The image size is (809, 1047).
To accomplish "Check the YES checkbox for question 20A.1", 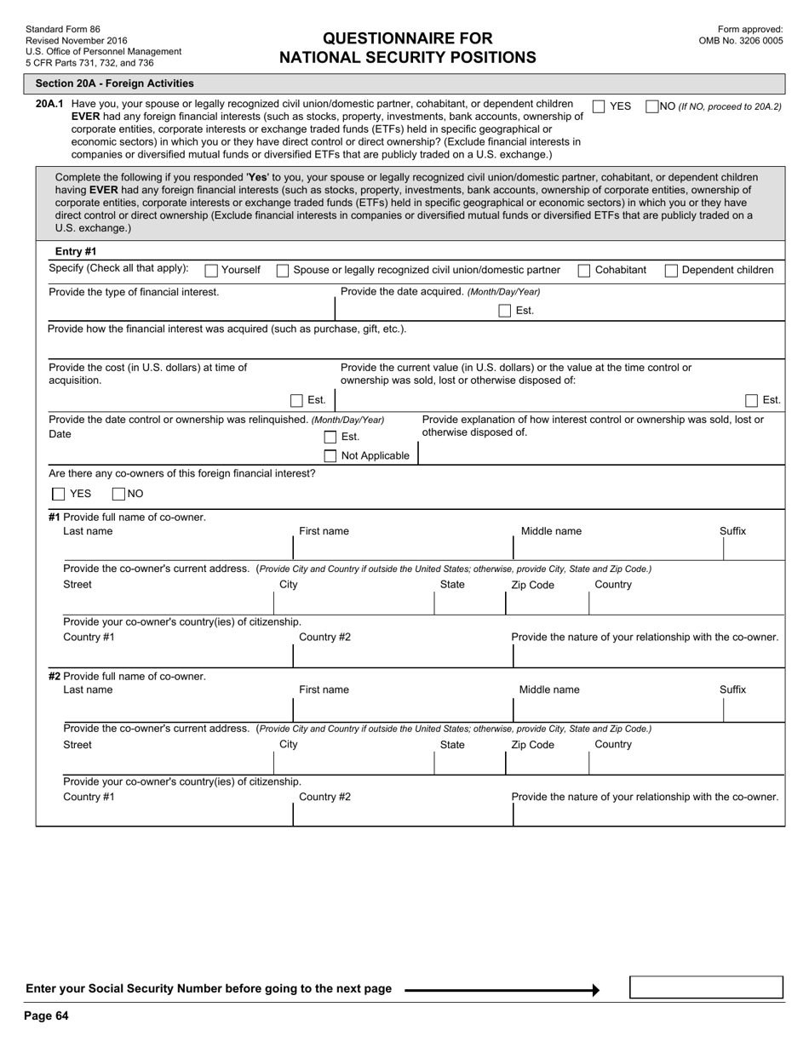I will (x=599, y=106).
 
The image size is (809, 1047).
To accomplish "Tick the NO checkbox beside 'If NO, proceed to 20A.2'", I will (x=652, y=106).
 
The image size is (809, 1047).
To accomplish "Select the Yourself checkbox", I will (x=211, y=271).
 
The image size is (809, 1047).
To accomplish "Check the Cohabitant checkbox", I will (x=584, y=271).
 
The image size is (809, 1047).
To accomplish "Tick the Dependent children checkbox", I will (x=671, y=271).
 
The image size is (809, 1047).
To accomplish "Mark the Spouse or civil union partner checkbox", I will (x=283, y=271).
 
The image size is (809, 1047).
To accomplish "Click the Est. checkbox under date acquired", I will (x=505, y=311).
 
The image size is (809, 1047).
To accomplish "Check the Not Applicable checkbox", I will (x=330, y=456).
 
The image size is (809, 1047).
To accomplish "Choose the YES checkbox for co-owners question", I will (x=59, y=494).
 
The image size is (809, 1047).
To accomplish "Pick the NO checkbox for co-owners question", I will (x=119, y=494).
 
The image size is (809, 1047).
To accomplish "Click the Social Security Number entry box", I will (x=706, y=987).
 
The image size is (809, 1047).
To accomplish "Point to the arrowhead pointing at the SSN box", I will (x=595, y=990).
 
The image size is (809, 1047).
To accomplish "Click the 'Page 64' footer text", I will (x=46, y=1016).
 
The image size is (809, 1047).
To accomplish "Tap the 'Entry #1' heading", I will (x=76, y=251).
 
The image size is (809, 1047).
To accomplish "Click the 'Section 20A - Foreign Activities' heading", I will (x=114, y=83).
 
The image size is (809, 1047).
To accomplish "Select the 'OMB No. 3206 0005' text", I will (x=740, y=40).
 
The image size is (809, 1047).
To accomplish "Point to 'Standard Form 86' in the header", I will (x=63, y=30).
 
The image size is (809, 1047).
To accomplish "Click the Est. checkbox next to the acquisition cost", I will (x=296, y=400).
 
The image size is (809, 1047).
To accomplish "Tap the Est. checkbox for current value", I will (x=751, y=400).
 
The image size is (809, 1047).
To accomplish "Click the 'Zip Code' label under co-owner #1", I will (x=532, y=585).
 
